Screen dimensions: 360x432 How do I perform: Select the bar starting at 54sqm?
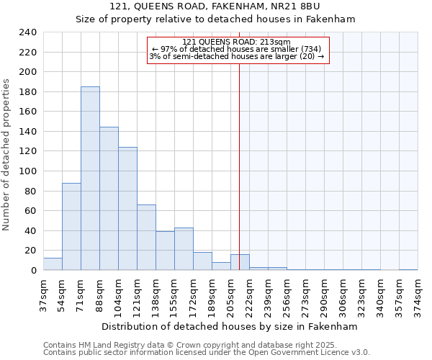click(71, 227)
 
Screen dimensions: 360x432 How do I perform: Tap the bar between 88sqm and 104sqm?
click(109, 199)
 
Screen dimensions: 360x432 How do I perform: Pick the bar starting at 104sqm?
click(127, 209)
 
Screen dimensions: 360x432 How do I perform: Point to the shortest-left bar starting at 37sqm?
click(53, 264)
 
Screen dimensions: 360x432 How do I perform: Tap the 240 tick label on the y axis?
click(27, 32)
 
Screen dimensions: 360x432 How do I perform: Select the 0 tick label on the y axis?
click(33, 271)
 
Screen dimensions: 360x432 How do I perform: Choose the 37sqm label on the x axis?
click(43, 292)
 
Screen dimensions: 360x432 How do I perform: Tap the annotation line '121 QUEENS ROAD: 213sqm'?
click(237, 42)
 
